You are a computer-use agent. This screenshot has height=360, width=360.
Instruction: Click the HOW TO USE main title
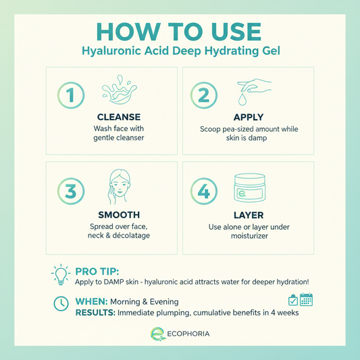tap(180, 32)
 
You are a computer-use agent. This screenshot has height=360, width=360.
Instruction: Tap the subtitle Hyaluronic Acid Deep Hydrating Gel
tap(180, 51)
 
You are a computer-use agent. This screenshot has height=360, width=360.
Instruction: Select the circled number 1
tap(70, 95)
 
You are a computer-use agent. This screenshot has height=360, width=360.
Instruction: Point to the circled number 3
tap(70, 191)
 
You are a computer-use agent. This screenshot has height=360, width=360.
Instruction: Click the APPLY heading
tap(248, 117)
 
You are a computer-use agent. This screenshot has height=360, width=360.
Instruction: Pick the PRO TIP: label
tap(98, 269)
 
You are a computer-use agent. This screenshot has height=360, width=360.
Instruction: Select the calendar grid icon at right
tap(306, 299)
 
